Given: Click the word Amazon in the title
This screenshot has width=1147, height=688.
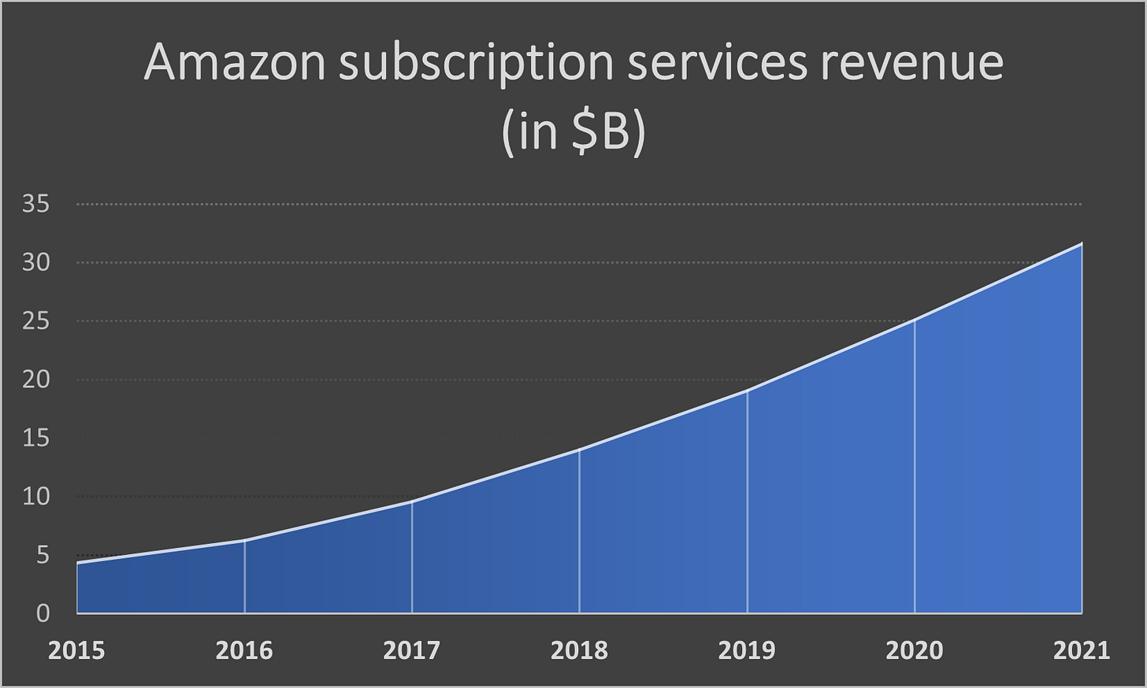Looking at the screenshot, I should (234, 63).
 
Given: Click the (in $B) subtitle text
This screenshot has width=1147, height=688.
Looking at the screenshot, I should (573, 132).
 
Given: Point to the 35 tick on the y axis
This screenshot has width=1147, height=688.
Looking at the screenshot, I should (36, 205).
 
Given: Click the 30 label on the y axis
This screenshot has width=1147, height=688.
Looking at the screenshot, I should (36, 263).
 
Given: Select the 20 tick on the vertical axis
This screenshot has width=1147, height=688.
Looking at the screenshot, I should (36, 379).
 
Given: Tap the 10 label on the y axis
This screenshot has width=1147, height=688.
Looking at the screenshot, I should (36, 497).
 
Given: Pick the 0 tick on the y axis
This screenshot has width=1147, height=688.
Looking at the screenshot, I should (43, 613).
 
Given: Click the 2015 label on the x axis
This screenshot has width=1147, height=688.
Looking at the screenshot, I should (76, 650).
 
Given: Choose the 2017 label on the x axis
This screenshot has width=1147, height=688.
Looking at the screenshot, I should (411, 650).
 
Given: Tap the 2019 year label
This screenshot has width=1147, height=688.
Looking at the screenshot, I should (747, 650).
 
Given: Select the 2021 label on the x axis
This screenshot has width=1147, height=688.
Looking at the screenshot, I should (1081, 650).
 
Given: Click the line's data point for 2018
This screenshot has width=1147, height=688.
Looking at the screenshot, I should (580, 449).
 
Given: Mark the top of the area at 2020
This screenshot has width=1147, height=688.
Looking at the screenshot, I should (915, 320).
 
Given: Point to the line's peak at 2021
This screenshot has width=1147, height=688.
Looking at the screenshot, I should (1082, 244).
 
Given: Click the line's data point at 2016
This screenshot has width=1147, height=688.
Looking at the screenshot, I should (245, 541).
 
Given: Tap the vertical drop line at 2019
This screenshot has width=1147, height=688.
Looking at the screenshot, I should (747, 504).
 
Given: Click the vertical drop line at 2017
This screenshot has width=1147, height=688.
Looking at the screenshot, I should (412, 559).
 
